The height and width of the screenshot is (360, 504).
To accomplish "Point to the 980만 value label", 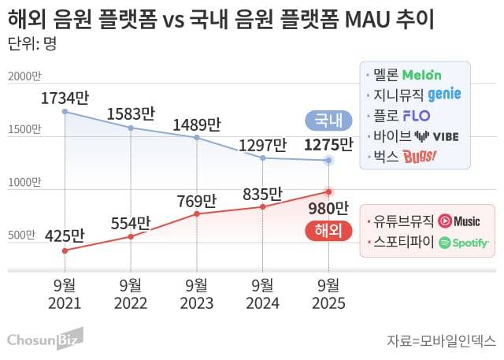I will click(x=327, y=209).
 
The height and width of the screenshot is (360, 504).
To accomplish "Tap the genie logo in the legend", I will click(x=445, y=95).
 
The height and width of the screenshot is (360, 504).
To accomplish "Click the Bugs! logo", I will click(x=420, y=155).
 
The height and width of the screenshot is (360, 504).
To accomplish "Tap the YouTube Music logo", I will click(x=459, y=221).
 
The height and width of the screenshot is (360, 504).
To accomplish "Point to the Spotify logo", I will click(x=464, y=243).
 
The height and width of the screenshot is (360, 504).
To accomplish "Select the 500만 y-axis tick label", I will click(x=24, y=235).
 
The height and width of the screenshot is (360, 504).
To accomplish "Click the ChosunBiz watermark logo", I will click(x=45, y=339).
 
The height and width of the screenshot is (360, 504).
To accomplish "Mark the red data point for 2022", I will click(x=131, y=236).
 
